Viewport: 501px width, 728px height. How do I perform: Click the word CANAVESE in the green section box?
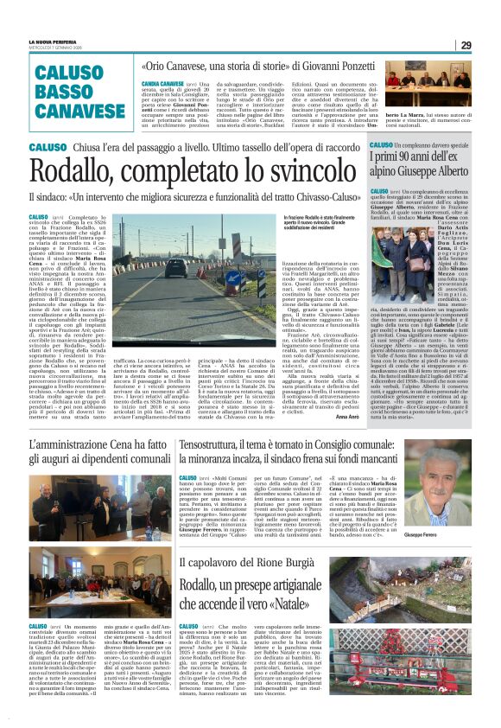click(80, 111)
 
